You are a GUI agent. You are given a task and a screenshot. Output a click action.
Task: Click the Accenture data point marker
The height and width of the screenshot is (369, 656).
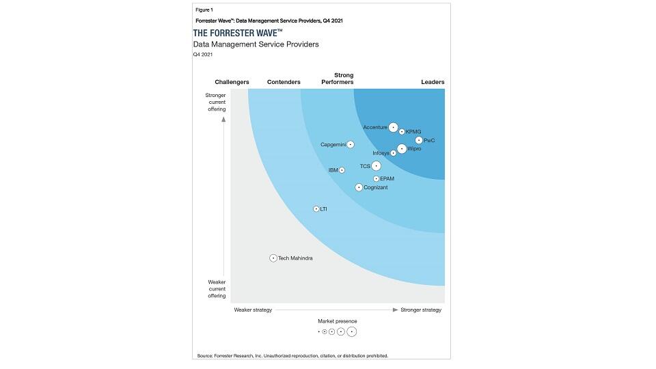click(393, 127)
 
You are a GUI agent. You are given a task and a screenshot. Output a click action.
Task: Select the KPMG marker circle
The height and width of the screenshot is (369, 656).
click(402, 132)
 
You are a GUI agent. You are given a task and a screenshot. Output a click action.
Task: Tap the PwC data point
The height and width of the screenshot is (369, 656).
click(419, 140)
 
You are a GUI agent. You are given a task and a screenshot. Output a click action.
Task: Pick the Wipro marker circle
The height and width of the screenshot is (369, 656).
click(402, 148)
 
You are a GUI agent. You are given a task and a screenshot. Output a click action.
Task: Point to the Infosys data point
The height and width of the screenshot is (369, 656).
click(394, 153)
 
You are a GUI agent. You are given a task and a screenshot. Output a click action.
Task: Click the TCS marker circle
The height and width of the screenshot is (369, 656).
click(376, 165)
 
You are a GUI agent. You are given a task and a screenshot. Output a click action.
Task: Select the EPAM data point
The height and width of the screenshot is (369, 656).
click(376, 179)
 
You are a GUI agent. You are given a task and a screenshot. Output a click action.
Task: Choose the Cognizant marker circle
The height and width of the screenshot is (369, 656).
click(359, 187)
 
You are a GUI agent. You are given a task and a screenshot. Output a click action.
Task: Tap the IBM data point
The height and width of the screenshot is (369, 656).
click(342, 170)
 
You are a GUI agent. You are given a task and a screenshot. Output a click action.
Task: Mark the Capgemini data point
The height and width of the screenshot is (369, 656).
click(351, 144)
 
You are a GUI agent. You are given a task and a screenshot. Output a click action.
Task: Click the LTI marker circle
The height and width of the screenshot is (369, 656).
click(316, 208)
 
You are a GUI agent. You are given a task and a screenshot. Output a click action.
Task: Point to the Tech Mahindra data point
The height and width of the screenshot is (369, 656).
click(273, 258)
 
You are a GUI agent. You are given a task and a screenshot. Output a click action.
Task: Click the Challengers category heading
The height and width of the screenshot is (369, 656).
click(232, 82)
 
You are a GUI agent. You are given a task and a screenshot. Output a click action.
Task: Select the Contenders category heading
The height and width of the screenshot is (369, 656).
click(284, 82)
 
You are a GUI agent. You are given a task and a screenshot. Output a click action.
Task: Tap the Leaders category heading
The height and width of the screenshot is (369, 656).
click(433, 82)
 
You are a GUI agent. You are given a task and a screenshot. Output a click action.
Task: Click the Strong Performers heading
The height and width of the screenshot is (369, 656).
click(338, 79)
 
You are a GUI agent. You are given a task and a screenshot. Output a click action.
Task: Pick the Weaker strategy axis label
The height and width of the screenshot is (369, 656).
click(253, 310)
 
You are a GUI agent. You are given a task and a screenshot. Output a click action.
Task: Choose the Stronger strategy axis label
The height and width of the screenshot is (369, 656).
click(421, 310)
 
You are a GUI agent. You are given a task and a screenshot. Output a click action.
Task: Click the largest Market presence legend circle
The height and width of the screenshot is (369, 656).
click(352, 331)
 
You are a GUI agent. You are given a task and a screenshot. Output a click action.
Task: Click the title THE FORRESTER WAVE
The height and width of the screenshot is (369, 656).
click(238, 33)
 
